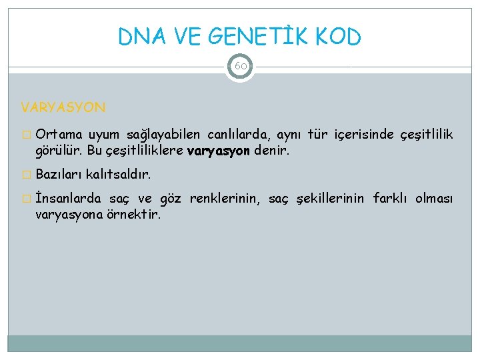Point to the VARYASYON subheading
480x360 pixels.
click(63, 107)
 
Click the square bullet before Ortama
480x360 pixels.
click(26, 136)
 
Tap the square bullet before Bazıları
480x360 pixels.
click(26, 175)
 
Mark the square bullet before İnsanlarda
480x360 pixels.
click(26, 199)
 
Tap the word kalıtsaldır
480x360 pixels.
click(119, 175)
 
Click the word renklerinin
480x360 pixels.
click(226, 199)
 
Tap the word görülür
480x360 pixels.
click(58, 151)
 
